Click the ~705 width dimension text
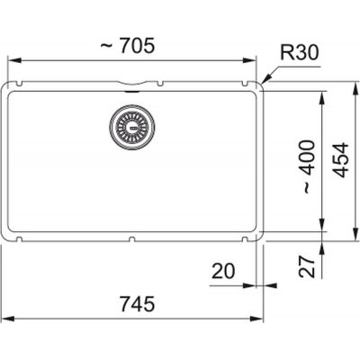[127, 46]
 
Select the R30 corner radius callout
[299, 52]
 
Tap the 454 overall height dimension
[342, 160]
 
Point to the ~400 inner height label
[308, 166]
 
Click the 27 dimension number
[307, 266]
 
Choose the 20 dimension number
[223, 271]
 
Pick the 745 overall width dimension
[138, 303]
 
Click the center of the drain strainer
[132, 127]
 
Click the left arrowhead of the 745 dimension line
[8, 319]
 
